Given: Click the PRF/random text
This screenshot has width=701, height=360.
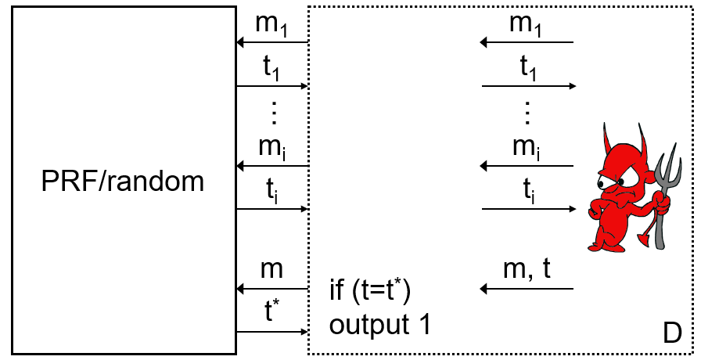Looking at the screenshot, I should [123, 182].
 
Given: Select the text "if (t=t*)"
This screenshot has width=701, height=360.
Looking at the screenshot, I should [370, 293].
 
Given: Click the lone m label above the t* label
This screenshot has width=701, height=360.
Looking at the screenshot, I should [272, 270].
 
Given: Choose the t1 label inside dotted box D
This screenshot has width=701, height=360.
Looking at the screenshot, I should [528, 67].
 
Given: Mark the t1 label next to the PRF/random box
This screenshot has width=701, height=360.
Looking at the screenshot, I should [272, 67].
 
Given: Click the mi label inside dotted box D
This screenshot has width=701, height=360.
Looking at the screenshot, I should [527, 147].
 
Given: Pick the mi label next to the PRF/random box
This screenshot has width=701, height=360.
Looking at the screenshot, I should [272, 147].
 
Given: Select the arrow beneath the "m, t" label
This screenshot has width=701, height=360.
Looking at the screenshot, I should [527, 290].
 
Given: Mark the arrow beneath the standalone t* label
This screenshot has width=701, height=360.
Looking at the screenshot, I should [272, 333].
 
